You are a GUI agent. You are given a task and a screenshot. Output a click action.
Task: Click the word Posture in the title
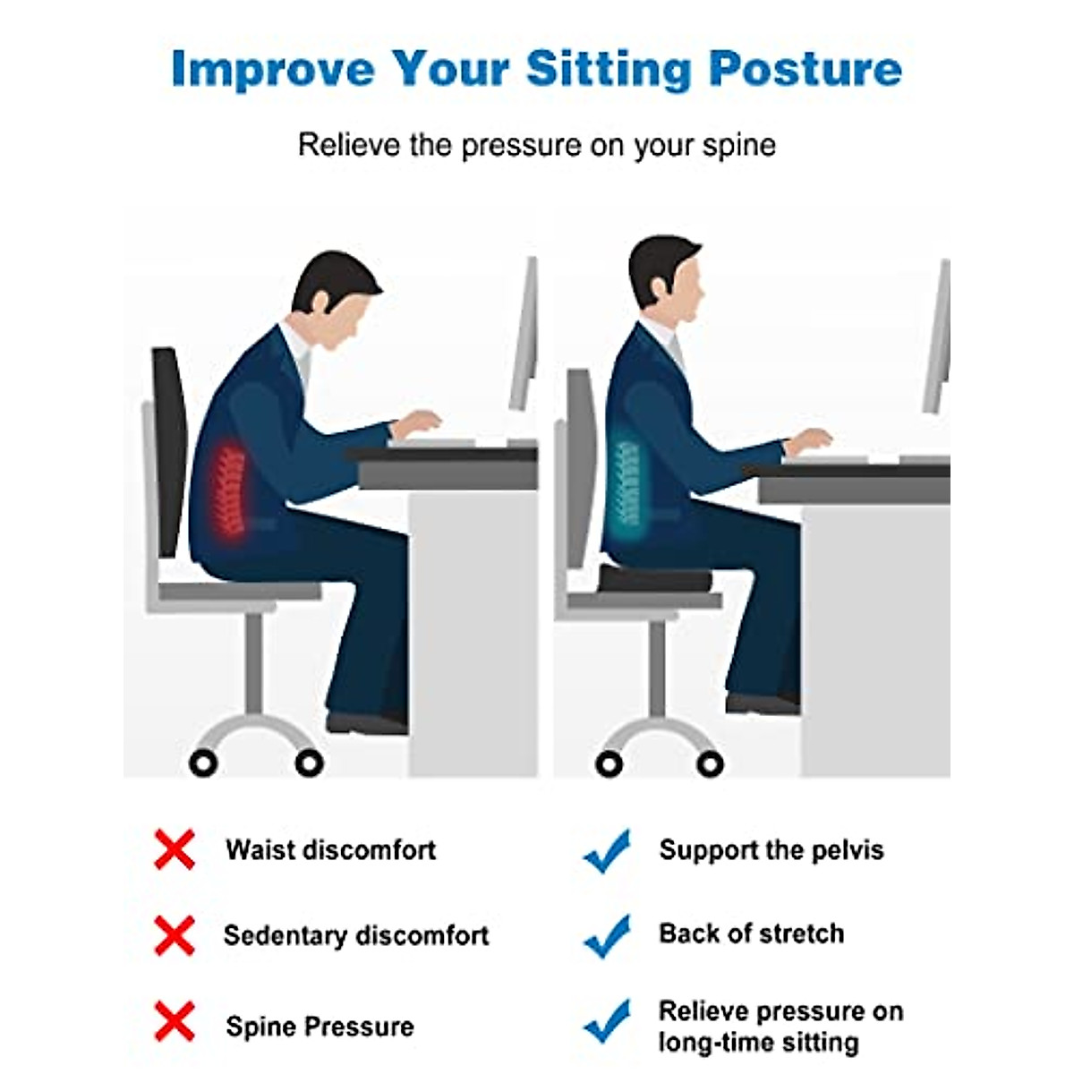coord(805,70)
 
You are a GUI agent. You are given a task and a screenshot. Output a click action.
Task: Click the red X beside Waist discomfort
coord(174,849)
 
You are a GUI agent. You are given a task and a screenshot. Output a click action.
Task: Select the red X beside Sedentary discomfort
coord(174,935)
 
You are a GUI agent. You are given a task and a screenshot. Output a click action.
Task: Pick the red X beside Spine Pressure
coord(174,1022)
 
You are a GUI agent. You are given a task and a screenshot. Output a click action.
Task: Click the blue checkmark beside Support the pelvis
coord(607,850)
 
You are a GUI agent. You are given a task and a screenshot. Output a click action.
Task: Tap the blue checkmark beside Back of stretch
coord(607,935)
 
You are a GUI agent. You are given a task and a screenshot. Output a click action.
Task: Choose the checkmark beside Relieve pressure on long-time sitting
coord(607,1021)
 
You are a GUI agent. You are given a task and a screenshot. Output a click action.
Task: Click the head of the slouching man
coord(337,300)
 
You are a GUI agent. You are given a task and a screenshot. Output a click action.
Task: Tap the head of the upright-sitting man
coord(664,282)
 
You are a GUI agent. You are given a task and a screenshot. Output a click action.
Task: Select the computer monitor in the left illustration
coord(524,336)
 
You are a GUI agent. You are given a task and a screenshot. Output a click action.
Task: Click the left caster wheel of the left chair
coord(204,763)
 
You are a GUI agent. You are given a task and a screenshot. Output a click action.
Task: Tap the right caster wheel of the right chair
coord(710,763)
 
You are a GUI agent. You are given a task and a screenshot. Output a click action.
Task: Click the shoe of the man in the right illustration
coord(761,703)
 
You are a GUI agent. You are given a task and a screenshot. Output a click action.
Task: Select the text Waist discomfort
coord(330,849)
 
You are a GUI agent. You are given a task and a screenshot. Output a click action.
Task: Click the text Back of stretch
coord(751,933)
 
